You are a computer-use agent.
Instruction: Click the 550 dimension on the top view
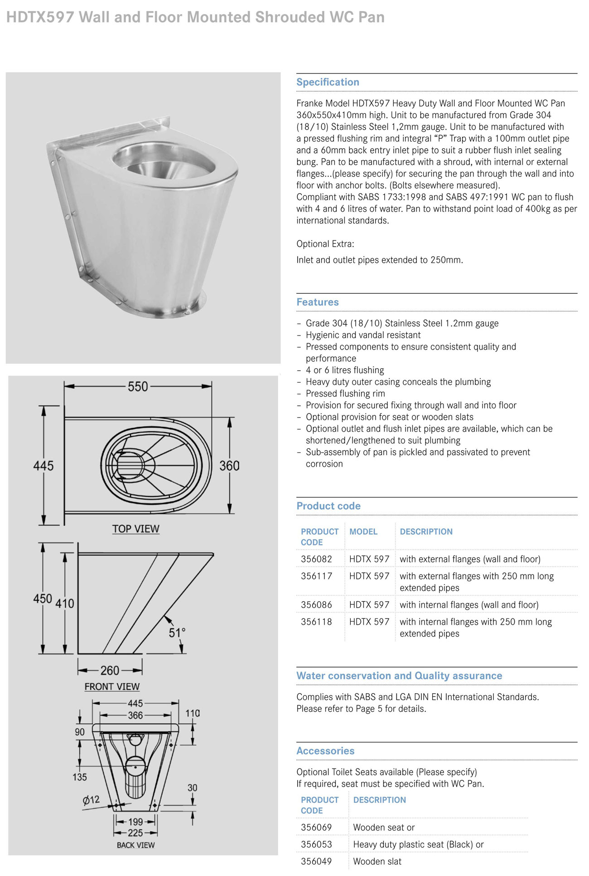pos(138,387)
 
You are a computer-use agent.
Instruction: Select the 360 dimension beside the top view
pos(229,466)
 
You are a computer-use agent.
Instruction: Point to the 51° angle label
pos(177,633)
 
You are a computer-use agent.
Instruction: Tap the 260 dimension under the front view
pos(110,670)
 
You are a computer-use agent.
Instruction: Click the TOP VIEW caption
pos(135,529)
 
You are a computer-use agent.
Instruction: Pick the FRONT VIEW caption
pos(112,686)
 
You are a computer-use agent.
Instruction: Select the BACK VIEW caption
pos(135,845)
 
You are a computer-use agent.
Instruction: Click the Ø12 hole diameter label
pos(91,800)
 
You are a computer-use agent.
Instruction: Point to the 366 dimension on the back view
pos(135,715)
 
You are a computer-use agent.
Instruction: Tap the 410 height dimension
pos(64,603)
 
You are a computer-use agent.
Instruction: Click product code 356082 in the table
pos(316,559)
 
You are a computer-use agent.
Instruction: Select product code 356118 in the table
pos(316,622)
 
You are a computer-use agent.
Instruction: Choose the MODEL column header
pos(363,531)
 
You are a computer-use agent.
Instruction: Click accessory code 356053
pos(316,844)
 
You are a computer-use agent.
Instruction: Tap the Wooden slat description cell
pos(377,861)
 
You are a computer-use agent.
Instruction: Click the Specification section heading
pos(328,82)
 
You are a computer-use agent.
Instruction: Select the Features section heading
pos(318,302)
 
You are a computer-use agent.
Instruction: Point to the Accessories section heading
pos(325,751)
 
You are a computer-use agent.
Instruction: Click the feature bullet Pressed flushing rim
pos(345,394)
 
